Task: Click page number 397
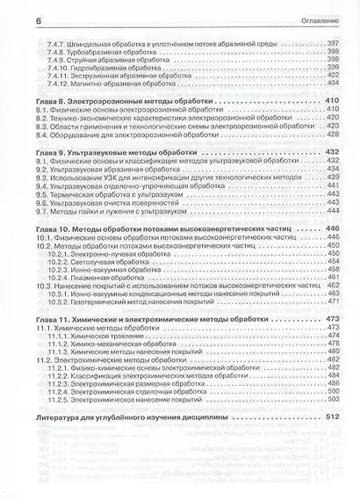333,44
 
